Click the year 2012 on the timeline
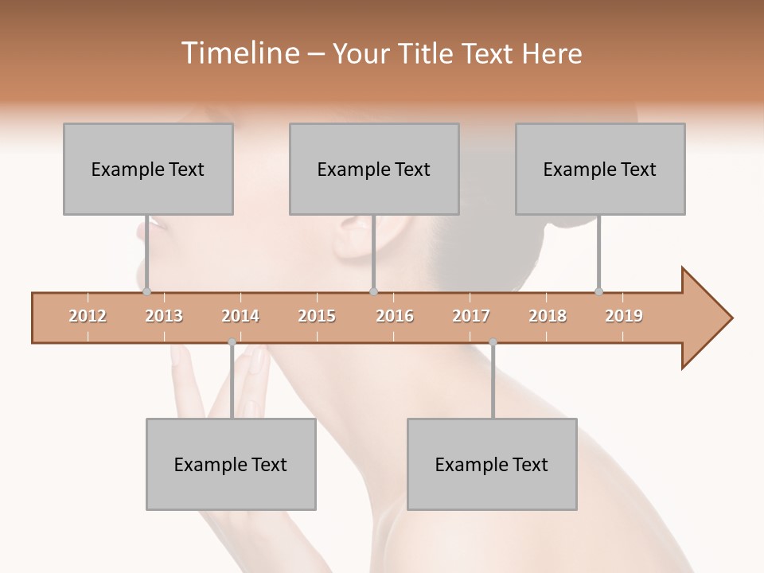pos(88,316)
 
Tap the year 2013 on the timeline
pos(164,316)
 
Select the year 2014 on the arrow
pos(240,316)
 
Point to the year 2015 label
pos(317,316)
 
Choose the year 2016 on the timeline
pos(395,316)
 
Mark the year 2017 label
pos(471,316)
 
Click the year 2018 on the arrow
pos(548,316)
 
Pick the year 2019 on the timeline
pos(624,316)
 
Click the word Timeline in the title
pos(238,53)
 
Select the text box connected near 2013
pos(148,169)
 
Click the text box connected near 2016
pos(374,169)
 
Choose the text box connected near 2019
pos(600,169)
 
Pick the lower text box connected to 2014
pos(231,464)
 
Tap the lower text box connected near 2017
pos(492,464)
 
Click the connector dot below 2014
pos(232,342)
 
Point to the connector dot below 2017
pos(493,342)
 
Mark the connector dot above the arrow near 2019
pos(598,291)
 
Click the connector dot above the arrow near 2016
pos(373,291)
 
